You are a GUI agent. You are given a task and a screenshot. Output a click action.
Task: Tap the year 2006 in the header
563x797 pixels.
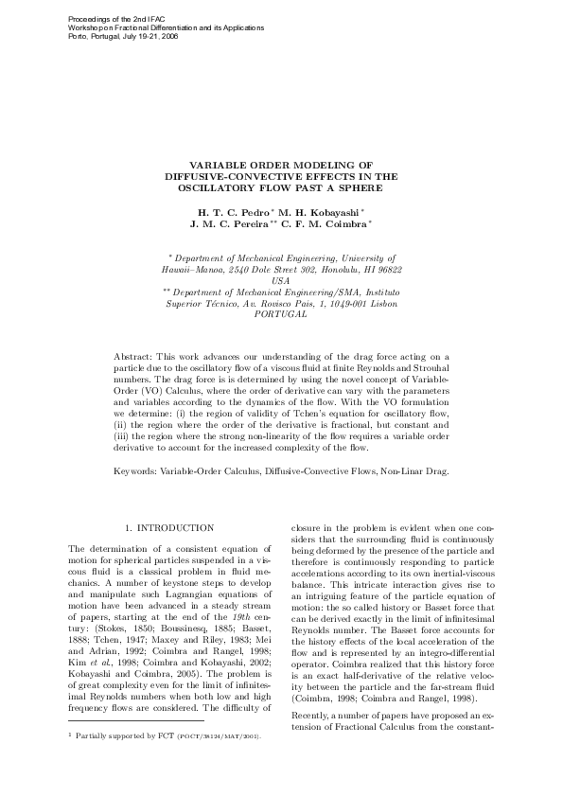168,36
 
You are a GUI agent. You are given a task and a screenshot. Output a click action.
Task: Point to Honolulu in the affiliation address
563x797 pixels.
341,269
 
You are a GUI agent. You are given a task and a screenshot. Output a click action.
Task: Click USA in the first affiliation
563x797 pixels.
281,281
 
